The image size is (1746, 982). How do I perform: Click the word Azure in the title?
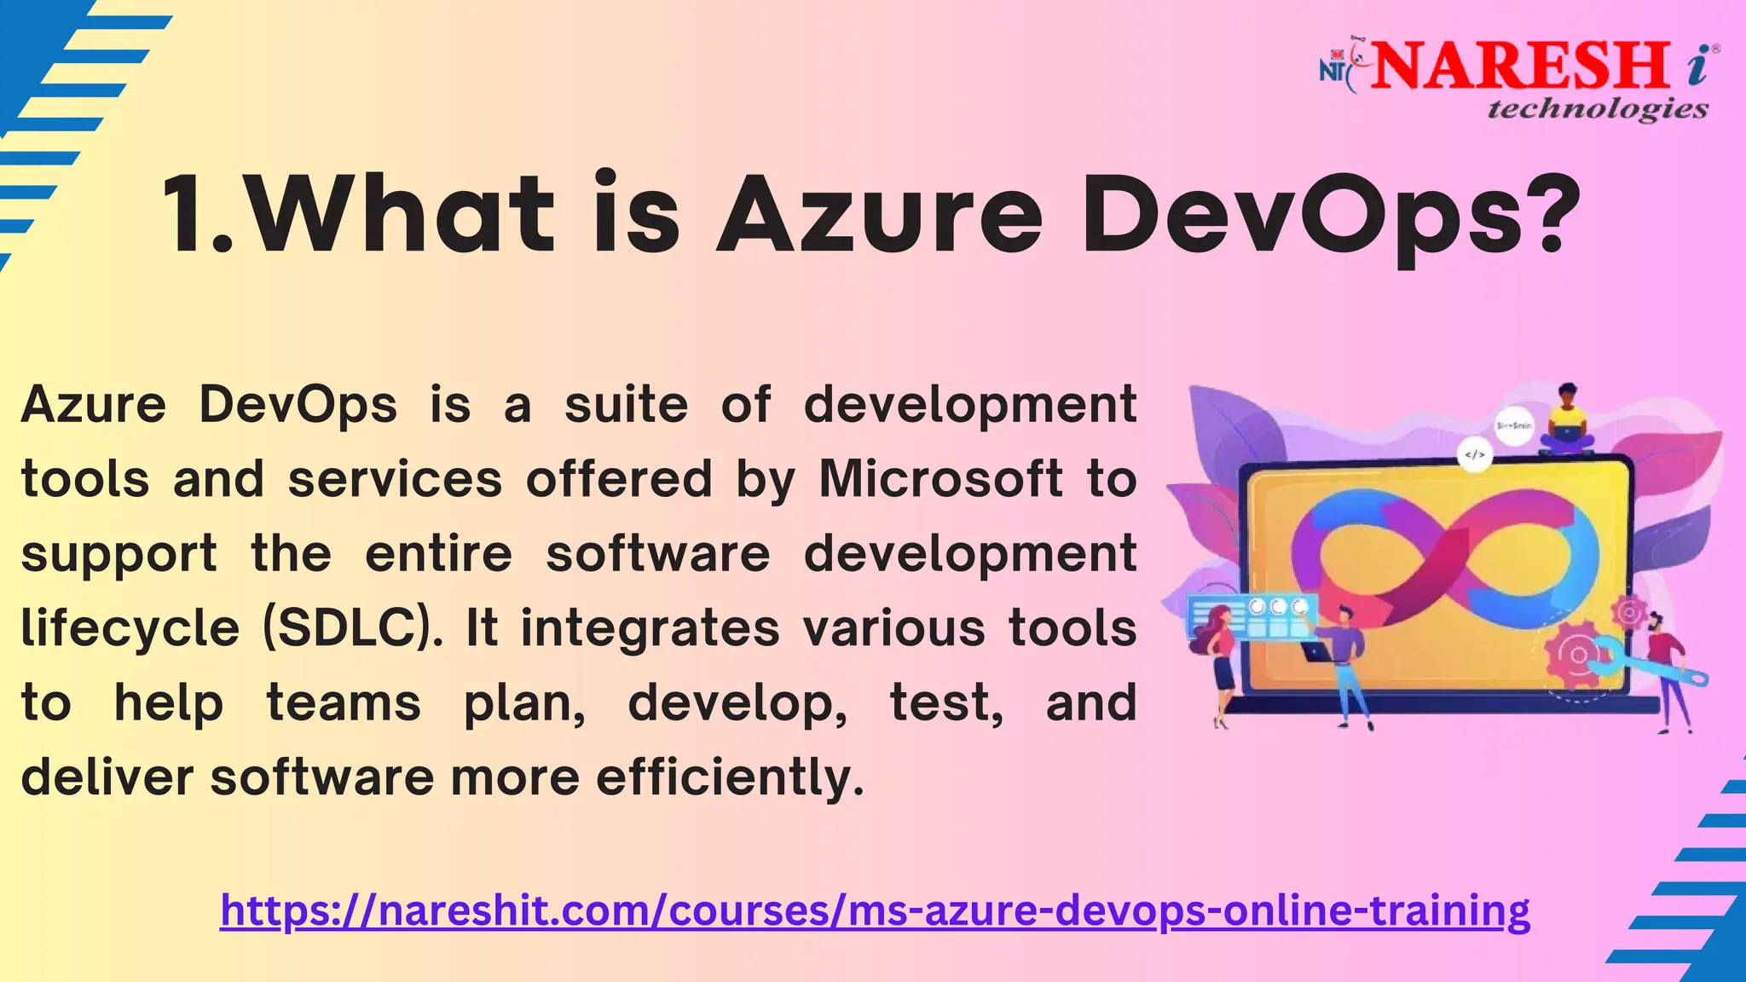click(879, 215)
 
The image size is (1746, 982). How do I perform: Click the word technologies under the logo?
click(1598, 109)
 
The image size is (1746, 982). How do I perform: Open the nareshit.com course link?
click(875, 910)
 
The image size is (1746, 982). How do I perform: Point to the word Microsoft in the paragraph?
click(940, 479)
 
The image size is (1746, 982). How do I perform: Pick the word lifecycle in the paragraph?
click(130, 629)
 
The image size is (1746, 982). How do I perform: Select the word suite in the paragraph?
click(626, 405)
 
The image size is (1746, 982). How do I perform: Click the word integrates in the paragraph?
click(650, 629)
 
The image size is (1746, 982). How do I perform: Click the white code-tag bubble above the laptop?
click(1474, 455)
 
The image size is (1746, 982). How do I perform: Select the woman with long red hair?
click(1219, 661)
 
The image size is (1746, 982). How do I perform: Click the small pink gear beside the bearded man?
click(1628, 611)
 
